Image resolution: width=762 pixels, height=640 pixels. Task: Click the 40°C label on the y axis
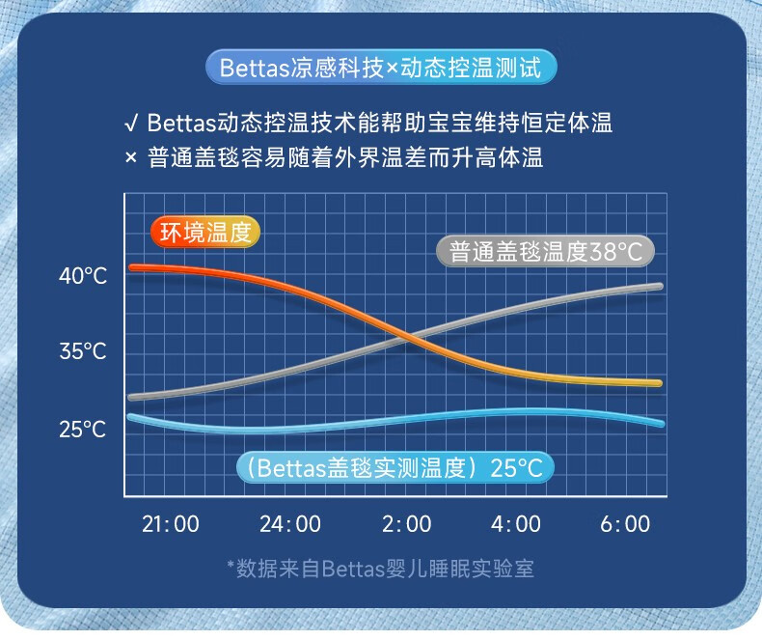[x=83, y=276]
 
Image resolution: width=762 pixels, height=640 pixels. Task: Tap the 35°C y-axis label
[x=83, y=351]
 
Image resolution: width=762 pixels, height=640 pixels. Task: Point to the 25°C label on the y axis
[x=83, y=430]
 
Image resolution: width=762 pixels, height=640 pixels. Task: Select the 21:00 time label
[x=171, y=524]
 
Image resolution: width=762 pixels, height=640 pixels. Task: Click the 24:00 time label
[x=290, y=524]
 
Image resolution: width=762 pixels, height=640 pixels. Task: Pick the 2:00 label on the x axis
[x=407, y=524]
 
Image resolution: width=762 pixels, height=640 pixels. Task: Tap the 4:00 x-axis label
[x=516, y=524]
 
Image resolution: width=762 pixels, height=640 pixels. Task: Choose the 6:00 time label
[x=625, y=524]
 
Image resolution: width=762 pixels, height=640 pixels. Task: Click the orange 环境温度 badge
[x=205, y=232]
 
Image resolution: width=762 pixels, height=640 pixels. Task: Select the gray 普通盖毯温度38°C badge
[x=545, y=251]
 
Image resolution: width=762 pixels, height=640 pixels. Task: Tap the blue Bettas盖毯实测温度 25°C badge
[x=395, y=468]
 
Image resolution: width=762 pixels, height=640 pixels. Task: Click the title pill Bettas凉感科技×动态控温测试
[x=381, y=68]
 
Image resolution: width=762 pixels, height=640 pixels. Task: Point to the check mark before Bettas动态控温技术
[x=131, y=123]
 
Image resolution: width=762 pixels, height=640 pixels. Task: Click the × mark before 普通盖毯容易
[x=131, y=157]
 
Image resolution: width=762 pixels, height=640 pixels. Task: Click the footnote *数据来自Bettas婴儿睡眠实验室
[x=380, y=569]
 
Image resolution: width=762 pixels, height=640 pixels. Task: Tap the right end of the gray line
[x=660, y=287]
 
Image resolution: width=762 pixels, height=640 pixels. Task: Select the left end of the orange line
[x=132, y=267]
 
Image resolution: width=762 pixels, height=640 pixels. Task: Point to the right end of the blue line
[x=661, y=424]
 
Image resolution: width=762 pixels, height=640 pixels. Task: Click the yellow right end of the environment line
[x=659, y=383]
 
